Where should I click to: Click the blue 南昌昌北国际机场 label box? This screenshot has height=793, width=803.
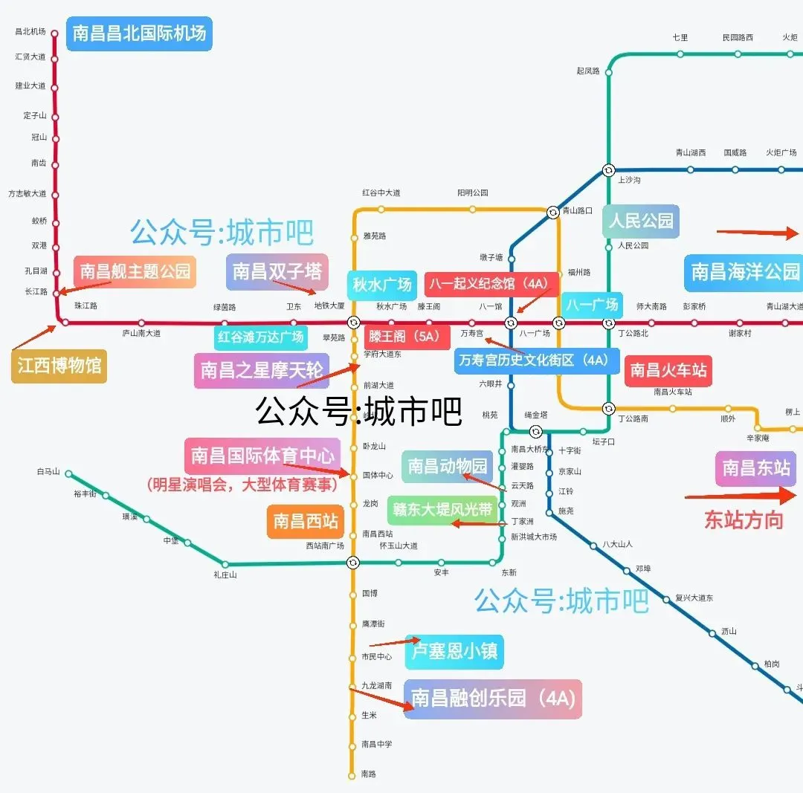(x=140, y=33)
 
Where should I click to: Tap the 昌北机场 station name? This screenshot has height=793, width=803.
(x=30, y=32)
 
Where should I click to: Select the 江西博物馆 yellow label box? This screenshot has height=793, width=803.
(x=59, y=366)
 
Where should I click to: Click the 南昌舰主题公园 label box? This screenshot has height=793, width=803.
(x=135, y=271)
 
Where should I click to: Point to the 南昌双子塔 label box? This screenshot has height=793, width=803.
(x=277, y=271)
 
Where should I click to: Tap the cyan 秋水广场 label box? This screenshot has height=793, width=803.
(x=382, y=285)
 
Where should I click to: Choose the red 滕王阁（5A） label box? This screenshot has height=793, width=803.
(x=407, y=336)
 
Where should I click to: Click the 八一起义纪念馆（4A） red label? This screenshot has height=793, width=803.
(x=491, y=284)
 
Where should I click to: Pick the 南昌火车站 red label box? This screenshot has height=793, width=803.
(x=668, y=370)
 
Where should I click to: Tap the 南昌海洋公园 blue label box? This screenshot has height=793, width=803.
(x=745, y=272)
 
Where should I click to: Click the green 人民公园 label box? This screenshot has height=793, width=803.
(x=641, y=221)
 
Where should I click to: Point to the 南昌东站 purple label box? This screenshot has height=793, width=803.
(x=755, y=468)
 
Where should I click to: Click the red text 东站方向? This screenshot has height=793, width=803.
(x=744, y=520)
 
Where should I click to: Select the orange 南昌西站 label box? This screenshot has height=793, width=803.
(x=306, y=521)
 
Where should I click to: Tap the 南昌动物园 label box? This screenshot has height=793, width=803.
(x=448, y=466)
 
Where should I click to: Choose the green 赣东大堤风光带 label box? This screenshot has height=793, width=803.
(x=443, y=510)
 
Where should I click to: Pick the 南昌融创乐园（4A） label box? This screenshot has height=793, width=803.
(x=493, y=699)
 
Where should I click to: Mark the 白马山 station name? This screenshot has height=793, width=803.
(x=48, y=473)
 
